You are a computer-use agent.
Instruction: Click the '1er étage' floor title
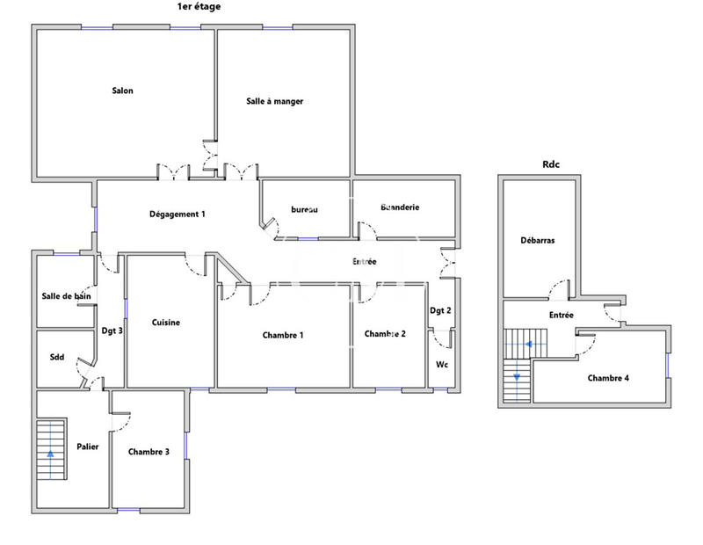point(199,6)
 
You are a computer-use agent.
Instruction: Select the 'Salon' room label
point(122,91)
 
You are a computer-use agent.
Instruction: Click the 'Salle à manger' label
point(274,102)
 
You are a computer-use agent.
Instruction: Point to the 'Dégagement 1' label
point(177,214)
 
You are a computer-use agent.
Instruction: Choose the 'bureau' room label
point(304,209)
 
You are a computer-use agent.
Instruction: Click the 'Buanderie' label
point(400,207)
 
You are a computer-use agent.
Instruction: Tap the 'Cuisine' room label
point(165,323)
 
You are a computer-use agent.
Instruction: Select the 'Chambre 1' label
point(283,335)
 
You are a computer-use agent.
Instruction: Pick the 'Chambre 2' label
point(385,334)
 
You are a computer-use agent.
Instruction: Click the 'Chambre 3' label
point(149,452)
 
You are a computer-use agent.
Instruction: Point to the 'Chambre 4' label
point(608,378)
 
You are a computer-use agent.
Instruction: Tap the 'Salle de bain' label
point(67,296)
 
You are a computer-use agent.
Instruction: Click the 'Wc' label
point(442,364)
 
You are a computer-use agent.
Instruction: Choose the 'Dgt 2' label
point(440,310)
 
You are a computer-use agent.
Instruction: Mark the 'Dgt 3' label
point(111,331)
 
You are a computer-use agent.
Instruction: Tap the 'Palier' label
point(87,447)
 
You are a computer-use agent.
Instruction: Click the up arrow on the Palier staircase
point(50,454)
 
